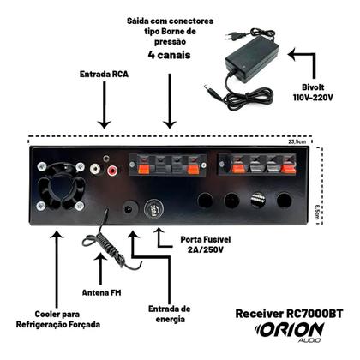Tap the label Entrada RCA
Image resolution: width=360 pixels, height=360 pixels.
[104, 75]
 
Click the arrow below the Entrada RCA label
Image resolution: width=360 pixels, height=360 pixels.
[104, 108]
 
